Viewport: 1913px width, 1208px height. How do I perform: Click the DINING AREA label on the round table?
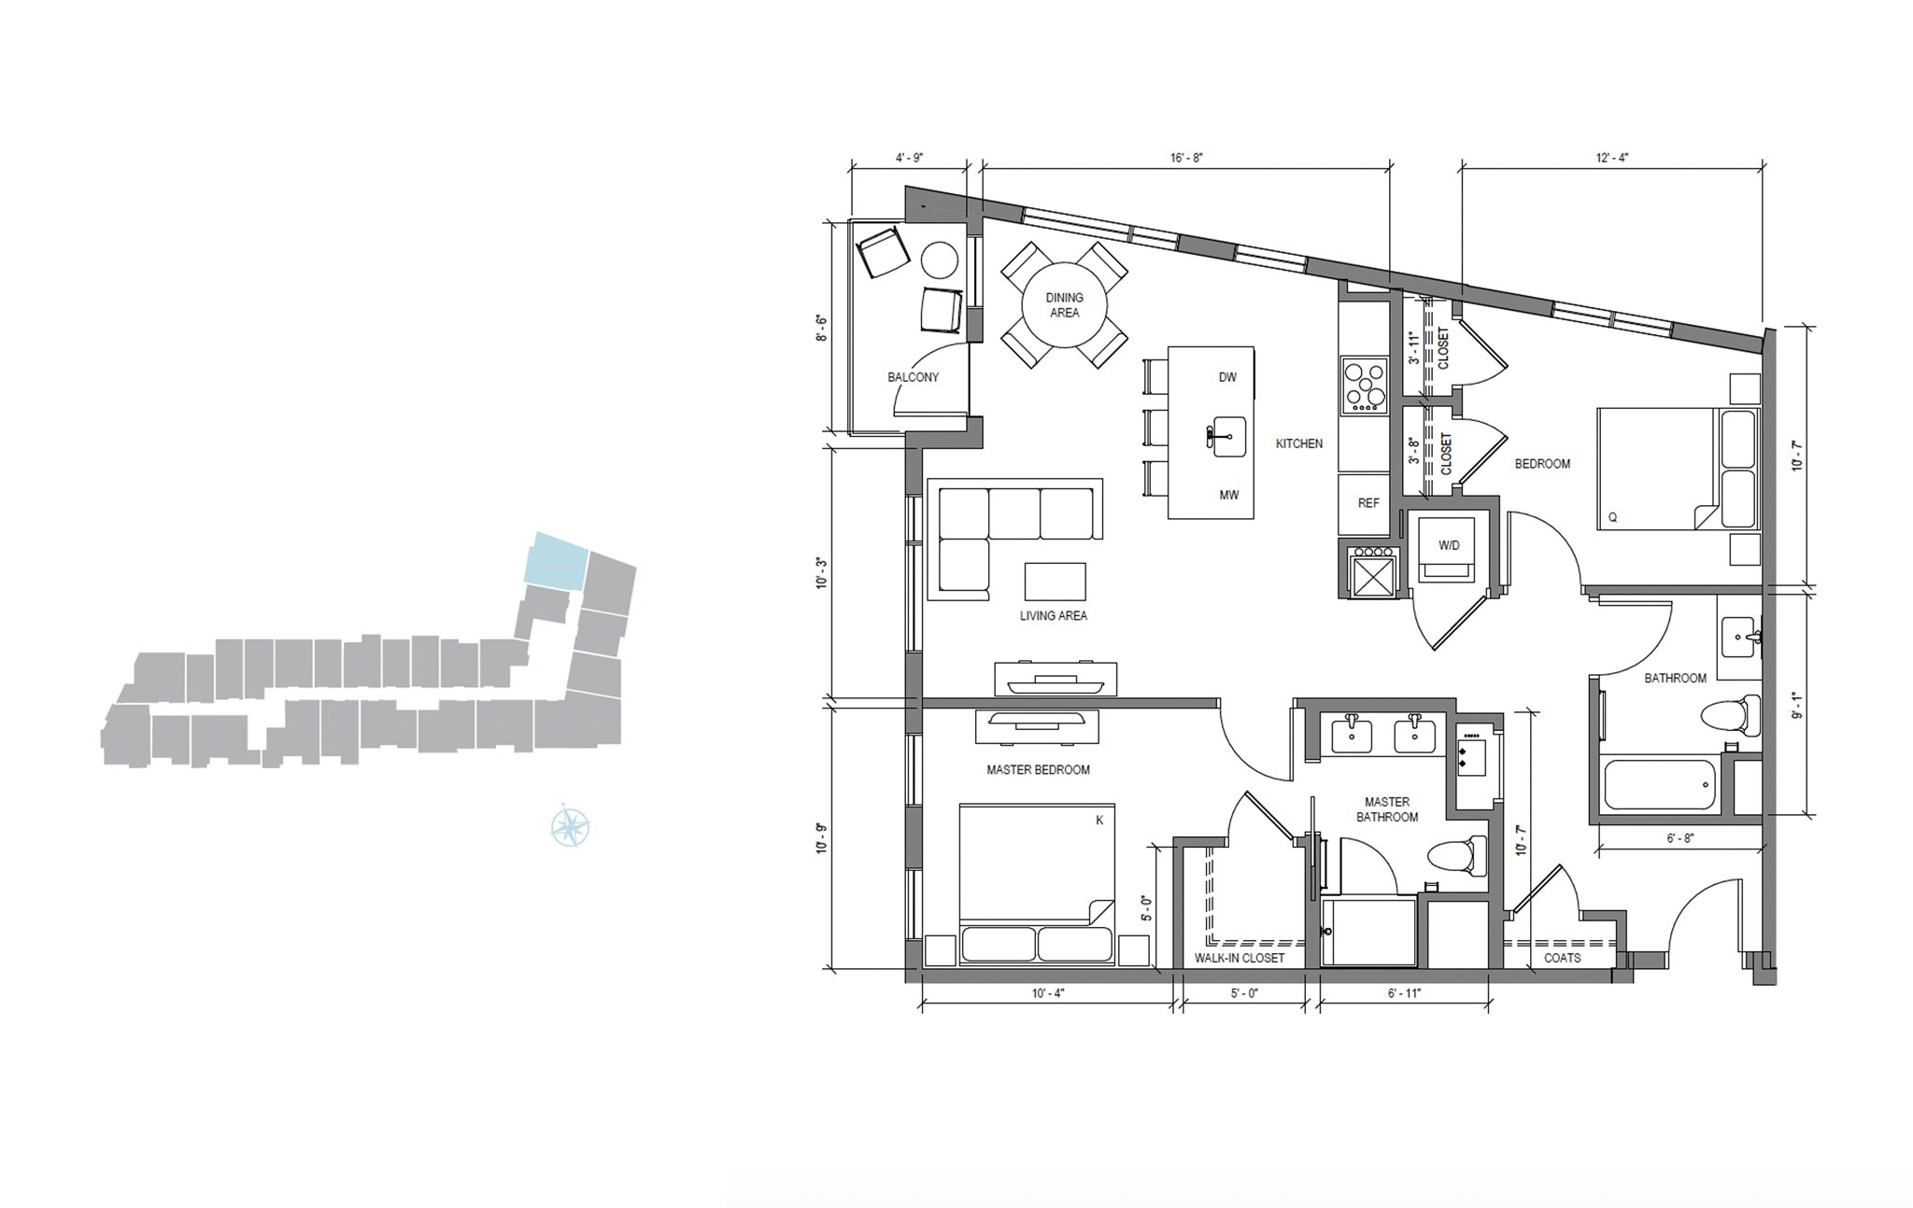coord(1064,305)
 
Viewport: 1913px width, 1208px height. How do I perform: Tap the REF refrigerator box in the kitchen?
coord(1367,503)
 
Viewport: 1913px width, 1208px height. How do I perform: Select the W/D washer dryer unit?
coord(1448,545)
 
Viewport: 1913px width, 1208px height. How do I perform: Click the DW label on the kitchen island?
coord(1227,377)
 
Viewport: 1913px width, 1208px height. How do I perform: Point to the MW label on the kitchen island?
coord(1228,495)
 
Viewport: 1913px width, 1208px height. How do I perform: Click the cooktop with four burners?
coord(1365,385)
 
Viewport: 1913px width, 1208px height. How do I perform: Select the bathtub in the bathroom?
coord(1659,784)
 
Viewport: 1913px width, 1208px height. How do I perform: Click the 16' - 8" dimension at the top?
coord(1186,158)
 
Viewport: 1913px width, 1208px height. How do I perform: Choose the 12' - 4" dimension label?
coord(1611,158)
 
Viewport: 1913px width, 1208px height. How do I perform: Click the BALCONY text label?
coord(913,377)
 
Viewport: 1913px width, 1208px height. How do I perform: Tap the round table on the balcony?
coord(940,260)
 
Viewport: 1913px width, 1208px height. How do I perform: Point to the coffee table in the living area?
coord(1055,581)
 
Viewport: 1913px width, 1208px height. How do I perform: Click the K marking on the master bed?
coord(1099,821)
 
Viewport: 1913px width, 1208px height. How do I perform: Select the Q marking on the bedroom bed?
coord(1612,517)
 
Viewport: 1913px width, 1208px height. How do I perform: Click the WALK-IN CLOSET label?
coord(1240,958)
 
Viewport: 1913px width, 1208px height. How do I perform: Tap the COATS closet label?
coord(1562,958)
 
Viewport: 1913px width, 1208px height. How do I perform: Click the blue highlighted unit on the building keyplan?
coord(556,561)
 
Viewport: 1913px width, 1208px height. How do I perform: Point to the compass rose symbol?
coord(570,826)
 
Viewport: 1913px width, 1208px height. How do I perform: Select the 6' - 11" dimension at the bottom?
coord(1404,993)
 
